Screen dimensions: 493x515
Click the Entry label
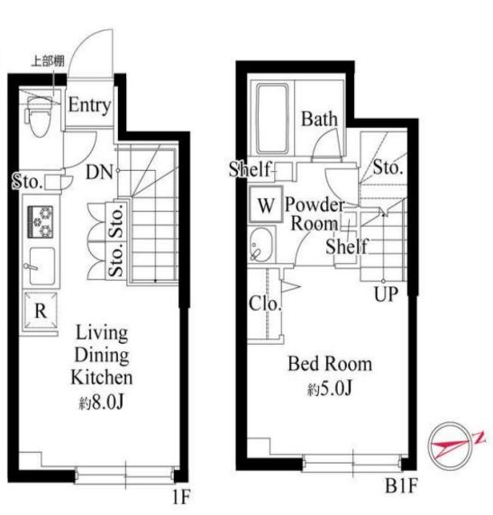tap(89, 105)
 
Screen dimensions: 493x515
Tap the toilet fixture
tap(40, 116)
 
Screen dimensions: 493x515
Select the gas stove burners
tap(41, 221)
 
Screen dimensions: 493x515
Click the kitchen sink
tap(42, 266)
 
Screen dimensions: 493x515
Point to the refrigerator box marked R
tap(41, 310)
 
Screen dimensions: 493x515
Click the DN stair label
tap(98, 172)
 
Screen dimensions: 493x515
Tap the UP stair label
tap(386, 294)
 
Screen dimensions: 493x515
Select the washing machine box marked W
tap(266, 204)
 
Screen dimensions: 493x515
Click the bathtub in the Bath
tap(272, 119)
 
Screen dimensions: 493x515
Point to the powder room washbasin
tap(262, 245)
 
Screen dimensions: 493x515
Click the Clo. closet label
tap(265, 303)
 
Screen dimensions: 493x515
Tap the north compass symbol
tap(453, 446)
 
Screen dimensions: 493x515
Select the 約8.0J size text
tap(101, 402)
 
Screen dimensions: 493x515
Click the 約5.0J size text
tap(330, 389)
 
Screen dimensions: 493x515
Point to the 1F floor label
tap(181, 496)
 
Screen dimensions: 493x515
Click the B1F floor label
tap(401, 485)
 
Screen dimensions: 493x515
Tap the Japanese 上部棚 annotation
tap(48, 61)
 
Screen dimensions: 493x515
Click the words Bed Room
tap(330, 364)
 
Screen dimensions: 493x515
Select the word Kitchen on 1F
tap(102, 378)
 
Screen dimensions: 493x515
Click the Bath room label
tap(319, 119)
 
